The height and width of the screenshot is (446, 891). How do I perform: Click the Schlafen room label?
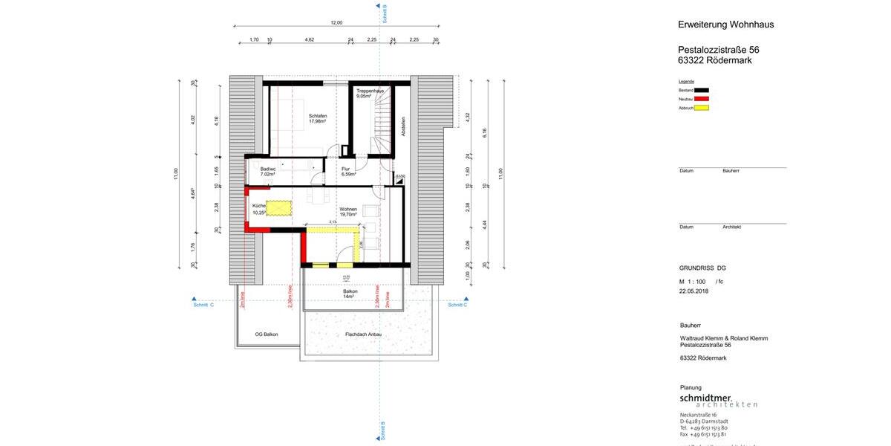click(318, 118)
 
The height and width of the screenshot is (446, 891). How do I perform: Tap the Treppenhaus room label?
click(369, 93)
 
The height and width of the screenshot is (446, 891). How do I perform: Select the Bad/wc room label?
click(268, 171)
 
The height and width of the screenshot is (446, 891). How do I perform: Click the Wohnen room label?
click(348, 212)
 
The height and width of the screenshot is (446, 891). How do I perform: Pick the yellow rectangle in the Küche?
click(278, 207)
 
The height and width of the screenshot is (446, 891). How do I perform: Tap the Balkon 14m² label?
click(350, 294)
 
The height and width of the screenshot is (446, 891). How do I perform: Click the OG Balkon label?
click(266, 334)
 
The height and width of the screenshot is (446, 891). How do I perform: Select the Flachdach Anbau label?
click(363, 334)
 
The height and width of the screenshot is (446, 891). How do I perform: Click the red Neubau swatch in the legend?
click(701, 99)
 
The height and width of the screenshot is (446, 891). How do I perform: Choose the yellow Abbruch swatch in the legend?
click(701, 108)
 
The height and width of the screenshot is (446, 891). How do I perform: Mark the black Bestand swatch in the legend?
click(701, 90)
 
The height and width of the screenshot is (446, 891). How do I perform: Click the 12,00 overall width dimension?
click(336, 22)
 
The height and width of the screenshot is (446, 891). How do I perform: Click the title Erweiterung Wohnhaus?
click(725, 25)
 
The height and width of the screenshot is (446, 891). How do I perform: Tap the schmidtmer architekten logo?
click(718, 401)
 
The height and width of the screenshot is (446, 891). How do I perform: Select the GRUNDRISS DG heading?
click(702, 267)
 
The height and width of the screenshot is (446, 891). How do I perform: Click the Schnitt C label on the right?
click(457, 305)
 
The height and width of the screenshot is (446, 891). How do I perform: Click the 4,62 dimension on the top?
click(309, 39)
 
